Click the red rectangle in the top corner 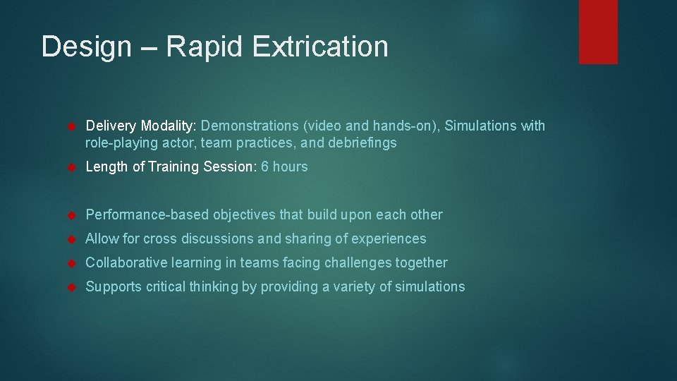pos(598,32)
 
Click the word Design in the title pos(86,47)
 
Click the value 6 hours pos(284,167)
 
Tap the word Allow pos(101,238)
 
